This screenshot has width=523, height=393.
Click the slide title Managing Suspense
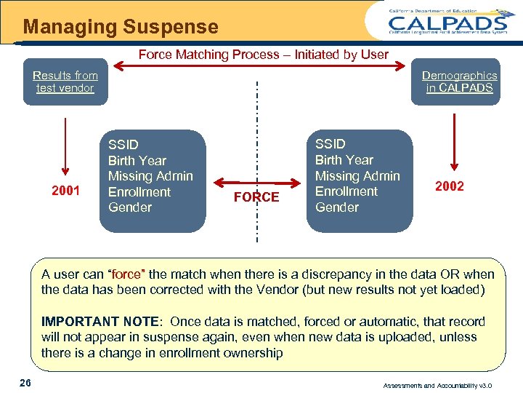[x=121, y=28]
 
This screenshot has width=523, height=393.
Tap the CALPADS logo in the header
[x=447, y=22]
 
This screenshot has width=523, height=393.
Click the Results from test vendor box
[x=65, y=82]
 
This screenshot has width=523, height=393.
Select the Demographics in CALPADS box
[x=459, y=82]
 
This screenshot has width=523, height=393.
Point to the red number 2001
[x=65, y=191]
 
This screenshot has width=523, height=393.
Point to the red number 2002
[x=449, y=186]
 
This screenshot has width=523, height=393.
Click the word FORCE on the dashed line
[x=256, y=197]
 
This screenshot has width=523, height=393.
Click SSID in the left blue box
[x=123, y=145]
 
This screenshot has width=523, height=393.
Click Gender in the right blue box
[x=336, y=207]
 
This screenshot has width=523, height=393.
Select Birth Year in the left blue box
[x=137, y=161]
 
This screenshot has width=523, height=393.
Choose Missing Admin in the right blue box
[x=357, y=175]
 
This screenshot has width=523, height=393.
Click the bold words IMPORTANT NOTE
[x=100, y=322]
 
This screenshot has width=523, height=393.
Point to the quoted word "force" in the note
[x=126, y=274]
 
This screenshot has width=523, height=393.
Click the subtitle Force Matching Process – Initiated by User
[x=263, y=55]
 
